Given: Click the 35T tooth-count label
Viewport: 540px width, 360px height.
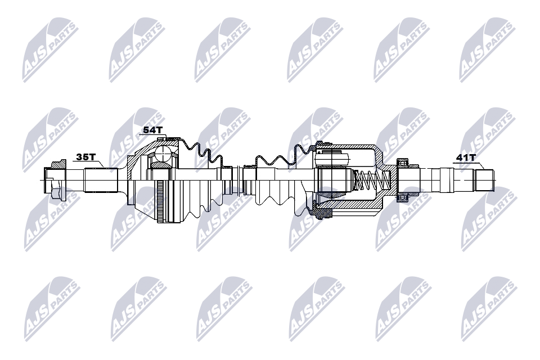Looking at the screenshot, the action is [85, 157].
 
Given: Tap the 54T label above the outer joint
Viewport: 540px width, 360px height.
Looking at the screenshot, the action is [152, 130].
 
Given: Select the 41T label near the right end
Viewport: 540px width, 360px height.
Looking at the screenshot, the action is [466, 157].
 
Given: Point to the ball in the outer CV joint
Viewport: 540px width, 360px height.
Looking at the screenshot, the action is [163, 154].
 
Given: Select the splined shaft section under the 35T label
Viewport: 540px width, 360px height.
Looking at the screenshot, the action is [101, 180].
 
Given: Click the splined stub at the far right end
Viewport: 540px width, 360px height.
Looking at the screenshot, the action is [484, 180].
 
